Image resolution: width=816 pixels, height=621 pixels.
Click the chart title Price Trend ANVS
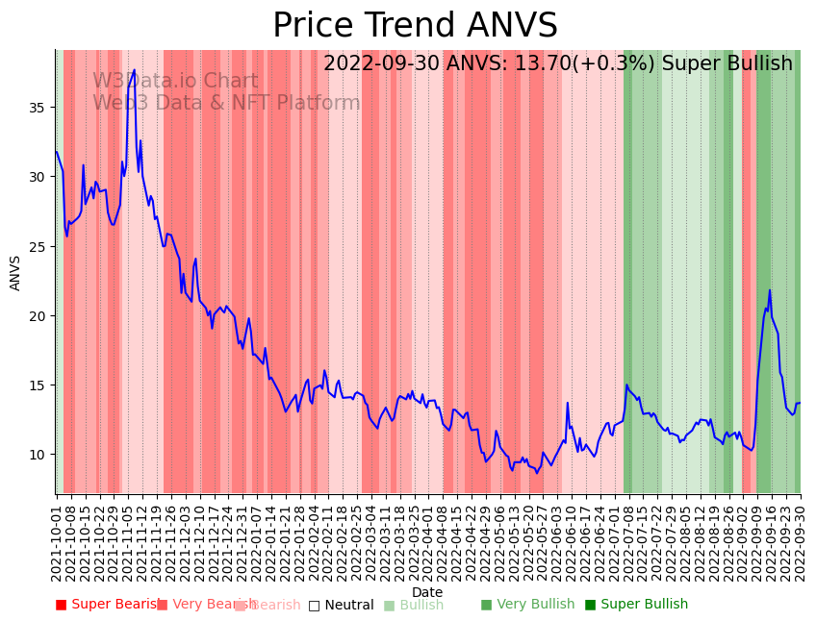[415, 26]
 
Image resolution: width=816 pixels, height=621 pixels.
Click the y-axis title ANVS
[15, 273]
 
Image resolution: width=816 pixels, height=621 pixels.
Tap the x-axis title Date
[427, 592]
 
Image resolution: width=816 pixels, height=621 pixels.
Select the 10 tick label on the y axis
[40, 455]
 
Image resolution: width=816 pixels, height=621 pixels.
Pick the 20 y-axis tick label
[40, 315]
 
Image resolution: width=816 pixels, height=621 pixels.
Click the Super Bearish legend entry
[108, 605]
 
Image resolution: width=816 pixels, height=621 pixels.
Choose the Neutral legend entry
[341, 605]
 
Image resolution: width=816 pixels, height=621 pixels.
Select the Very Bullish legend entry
[527, 605]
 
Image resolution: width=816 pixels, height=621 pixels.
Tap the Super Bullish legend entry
[636, 605]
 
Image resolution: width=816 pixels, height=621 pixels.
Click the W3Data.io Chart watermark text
[175, 82]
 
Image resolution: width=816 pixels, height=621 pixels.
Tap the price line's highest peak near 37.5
[135, 70]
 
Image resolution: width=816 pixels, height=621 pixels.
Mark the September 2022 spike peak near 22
[770, 290]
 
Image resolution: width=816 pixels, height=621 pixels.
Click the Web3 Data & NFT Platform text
[226, 103]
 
